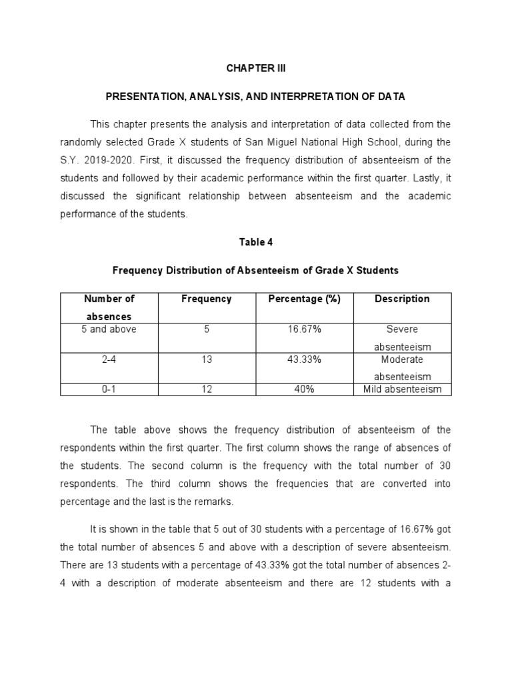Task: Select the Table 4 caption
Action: [255, 242]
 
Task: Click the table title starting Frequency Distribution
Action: [255, 270]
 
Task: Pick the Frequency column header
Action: [206, 299]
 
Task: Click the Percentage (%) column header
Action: [304, 299]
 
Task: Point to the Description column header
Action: [402, 299]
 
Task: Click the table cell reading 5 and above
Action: [109, 329]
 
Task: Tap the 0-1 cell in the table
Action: [109, 390]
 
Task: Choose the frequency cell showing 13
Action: [206, 360]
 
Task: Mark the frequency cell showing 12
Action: [206, 390]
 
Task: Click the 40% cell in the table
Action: [304, 390]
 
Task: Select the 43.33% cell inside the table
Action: [304, 360]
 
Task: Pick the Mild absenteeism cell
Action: [402, 390]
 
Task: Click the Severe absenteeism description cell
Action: [402, 337]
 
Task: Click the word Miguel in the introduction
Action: [280, 142]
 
